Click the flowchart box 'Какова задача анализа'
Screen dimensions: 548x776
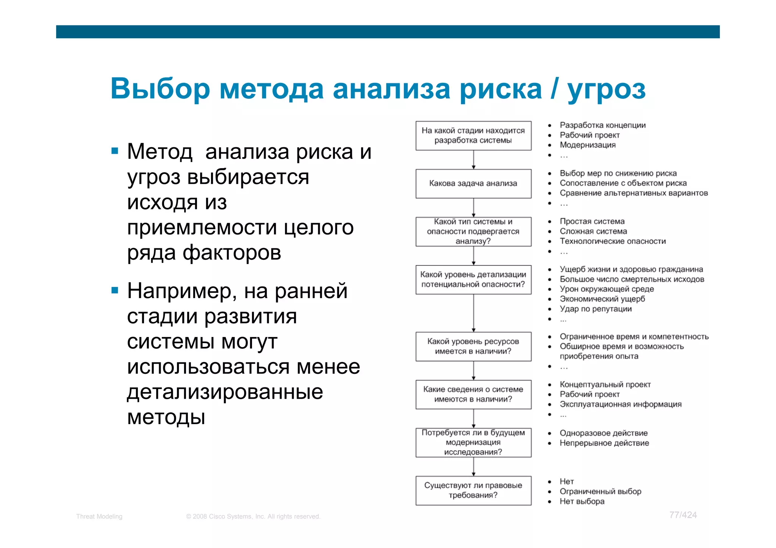tap(473, 184)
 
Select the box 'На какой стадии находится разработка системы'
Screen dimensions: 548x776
tap(473, 136)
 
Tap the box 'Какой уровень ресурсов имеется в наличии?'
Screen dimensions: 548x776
tap(473, 347)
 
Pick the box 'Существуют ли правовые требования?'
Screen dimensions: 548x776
tap(473, 490)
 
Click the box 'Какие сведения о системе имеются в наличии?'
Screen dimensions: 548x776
tap(473, 394)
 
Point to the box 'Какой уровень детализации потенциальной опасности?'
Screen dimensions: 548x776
tap(473, 280)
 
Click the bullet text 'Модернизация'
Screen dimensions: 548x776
tap(587, 145)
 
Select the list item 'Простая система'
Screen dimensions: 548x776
tap(592, 222)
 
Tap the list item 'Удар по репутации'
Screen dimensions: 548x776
tap(596, 309)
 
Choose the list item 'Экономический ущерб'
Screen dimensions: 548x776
tap(602, 299)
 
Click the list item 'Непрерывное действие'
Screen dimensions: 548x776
tap(604, 443)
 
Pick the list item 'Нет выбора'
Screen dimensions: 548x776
tap(582, 501)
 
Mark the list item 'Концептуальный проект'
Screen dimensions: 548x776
tap(605, 385)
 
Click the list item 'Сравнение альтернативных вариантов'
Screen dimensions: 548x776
tap(634, 193)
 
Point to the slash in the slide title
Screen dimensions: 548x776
tap(554, 89)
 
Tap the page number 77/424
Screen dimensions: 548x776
tap(683, 515)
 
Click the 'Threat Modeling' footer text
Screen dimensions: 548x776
tap(99, 517)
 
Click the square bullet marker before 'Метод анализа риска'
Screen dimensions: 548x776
tap(115, 151)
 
